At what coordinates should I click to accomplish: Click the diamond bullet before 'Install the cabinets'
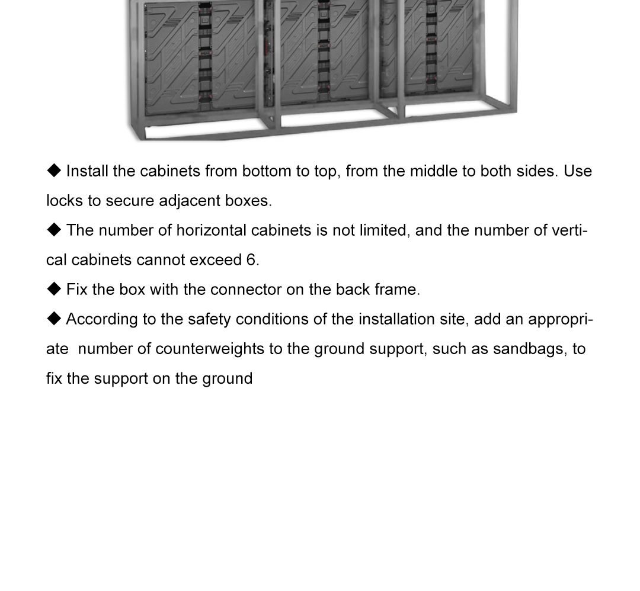[x=54, y=171]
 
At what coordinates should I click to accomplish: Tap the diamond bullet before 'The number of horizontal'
[x=54, y=230]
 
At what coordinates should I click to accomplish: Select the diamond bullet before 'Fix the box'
[x=54, y=289]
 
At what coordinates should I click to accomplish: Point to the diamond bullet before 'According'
[x=54, y=319]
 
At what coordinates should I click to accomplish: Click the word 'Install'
[x=87, y=171]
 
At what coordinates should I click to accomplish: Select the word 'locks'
[x=65, y=201]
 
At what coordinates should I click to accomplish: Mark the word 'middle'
[x=433, y=171]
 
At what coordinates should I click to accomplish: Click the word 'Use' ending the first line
[x=578, y=171]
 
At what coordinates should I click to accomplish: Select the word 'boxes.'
[x=248, y=201]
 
